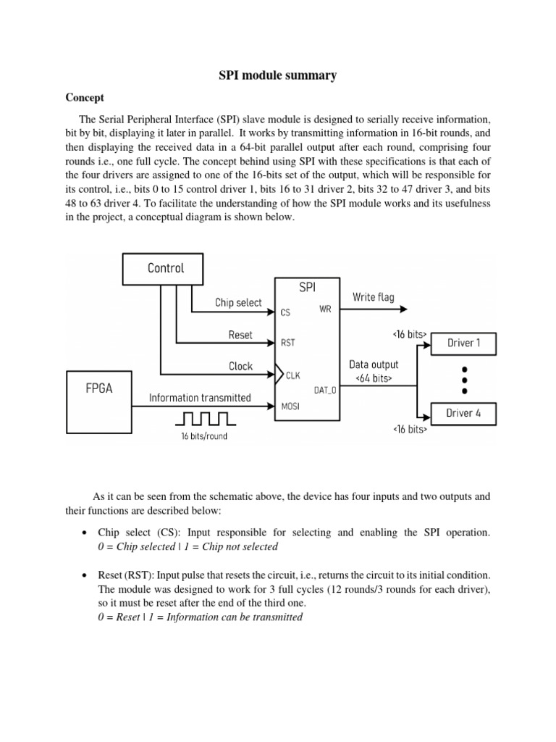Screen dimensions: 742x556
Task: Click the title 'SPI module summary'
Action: click(x=278, y=75)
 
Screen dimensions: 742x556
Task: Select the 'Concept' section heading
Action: click(x=85, y=98)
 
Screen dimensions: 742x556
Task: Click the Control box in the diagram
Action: click(x=166, y=268)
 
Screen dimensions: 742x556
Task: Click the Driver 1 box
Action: click(x=463, y=343)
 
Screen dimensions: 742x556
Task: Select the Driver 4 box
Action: click(x=463, y=413)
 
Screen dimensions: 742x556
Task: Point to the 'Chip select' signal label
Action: click(x=239, y=302)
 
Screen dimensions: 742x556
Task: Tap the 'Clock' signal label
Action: click(x=240, y=366)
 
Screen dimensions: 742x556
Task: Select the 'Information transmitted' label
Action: click(x=200, y=397)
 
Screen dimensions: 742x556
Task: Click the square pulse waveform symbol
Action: click(x=206, y=418)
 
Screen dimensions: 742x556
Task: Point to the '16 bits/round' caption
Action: click(x=204, y=436)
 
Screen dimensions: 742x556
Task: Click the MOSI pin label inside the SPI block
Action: click(x=290, y=407)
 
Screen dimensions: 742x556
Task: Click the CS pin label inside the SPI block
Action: click(x=285, y=313)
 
